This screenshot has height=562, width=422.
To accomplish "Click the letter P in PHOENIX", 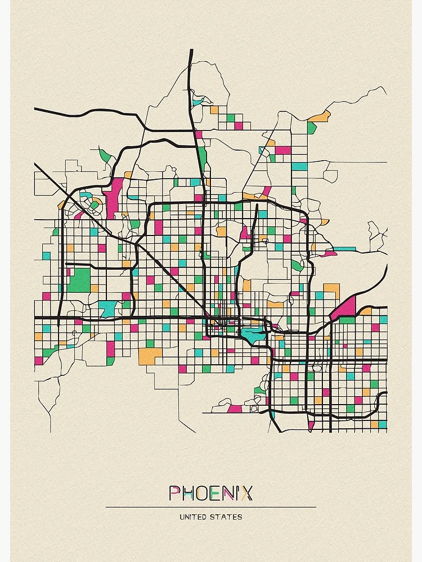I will click(x=176, y=493).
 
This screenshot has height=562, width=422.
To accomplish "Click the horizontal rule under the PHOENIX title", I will click(x=210, y=507).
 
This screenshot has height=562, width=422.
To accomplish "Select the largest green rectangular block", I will click(x=79, y=280).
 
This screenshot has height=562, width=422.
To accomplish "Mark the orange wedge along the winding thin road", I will click(x=320, y=116).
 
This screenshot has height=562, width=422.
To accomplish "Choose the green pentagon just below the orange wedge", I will click(x=312, y=128).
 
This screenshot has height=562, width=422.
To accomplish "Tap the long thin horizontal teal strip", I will click(x=344, y=248).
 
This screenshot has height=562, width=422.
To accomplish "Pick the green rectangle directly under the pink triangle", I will click(x=347, y=320).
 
